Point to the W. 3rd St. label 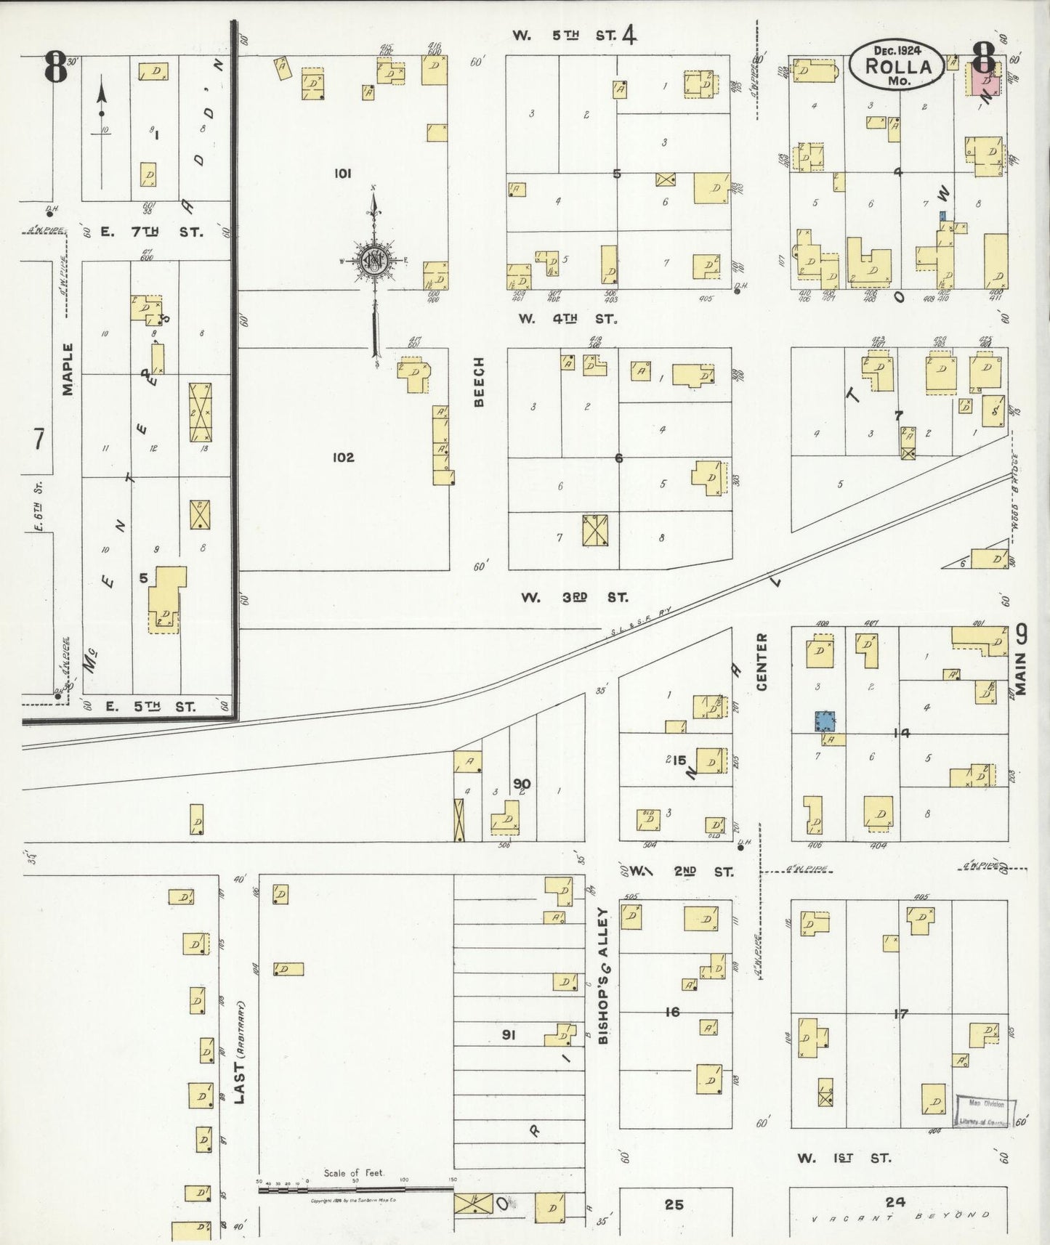574,597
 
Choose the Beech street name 479,382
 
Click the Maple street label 68,369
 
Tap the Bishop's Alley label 603,976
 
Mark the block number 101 343,173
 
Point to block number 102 343,457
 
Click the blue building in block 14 825,721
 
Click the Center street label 762,661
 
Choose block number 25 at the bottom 674,1204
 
